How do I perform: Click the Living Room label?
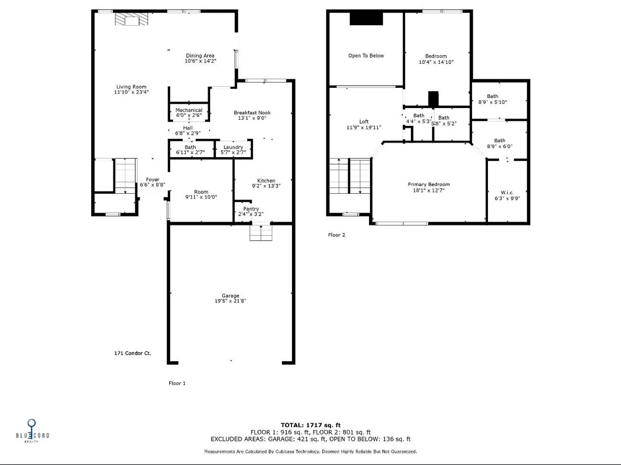131,87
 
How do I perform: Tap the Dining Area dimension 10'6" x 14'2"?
200,61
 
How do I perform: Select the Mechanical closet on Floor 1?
189,112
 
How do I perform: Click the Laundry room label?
233,147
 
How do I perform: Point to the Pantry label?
251,209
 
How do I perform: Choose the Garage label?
230,296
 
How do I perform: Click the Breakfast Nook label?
252,113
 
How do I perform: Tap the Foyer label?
152,180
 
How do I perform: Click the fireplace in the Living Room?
132,19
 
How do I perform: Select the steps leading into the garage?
261,233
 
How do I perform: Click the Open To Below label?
366,56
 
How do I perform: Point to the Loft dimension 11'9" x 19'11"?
364,127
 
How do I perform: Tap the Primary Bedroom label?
428,184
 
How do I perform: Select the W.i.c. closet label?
507,192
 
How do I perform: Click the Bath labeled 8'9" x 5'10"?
493,99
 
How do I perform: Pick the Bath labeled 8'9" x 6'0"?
500,143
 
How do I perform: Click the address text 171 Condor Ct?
133,353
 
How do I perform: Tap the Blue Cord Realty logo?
32,431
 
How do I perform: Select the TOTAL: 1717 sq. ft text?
310,425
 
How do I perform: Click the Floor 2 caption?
336,235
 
